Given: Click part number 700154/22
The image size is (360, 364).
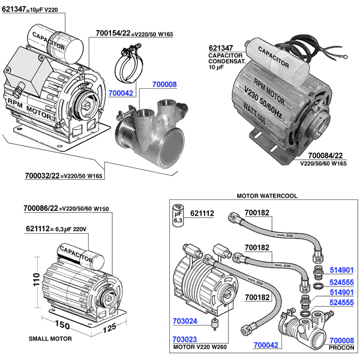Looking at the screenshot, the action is click(113, 33).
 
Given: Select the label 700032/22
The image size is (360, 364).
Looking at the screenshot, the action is click(42, 175).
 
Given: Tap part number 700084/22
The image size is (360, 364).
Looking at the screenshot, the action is click(325, 156).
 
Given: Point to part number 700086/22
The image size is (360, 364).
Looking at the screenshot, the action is click(41, 208).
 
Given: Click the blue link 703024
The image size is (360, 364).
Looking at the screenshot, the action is click(185, 321).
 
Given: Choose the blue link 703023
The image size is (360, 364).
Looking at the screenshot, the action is click(185, 339).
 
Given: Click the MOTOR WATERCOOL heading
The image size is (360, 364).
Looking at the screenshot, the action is click(267, 196).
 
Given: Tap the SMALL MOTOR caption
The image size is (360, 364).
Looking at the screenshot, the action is click(50, 339).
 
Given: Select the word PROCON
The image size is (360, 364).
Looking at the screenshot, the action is click(341, 348).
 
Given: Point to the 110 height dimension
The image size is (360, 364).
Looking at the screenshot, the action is click(37, 279).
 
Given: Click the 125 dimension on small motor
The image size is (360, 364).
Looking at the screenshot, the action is click(109, 328).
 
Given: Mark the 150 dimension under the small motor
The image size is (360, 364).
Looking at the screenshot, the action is click(62, 324).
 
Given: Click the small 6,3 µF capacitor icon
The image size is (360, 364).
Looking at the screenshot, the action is click(178, 215).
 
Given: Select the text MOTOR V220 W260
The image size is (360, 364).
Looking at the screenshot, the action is click(200, 347).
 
